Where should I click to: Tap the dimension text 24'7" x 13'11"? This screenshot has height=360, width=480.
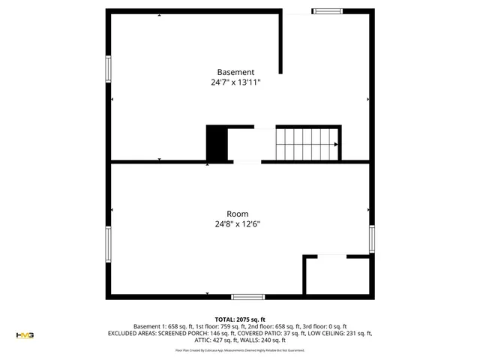point(235,83)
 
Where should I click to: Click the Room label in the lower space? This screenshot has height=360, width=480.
point(238,214)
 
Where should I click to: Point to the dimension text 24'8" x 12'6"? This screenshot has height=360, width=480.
point(238,223)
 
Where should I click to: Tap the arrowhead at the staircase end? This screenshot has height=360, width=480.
point(335,145)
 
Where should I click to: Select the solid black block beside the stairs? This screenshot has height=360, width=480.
point(216,143)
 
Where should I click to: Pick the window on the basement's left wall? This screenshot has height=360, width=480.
point(109,70)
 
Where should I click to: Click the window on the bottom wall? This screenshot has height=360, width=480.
point(247,296)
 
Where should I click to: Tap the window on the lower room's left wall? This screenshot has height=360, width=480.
point(109,244)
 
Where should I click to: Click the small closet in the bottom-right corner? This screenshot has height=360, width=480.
point(336,275)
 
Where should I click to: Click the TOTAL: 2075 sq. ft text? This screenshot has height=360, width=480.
point(240,319)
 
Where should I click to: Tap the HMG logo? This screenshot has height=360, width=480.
point(25,334)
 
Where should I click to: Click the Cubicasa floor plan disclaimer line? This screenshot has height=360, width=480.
point(240,350)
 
